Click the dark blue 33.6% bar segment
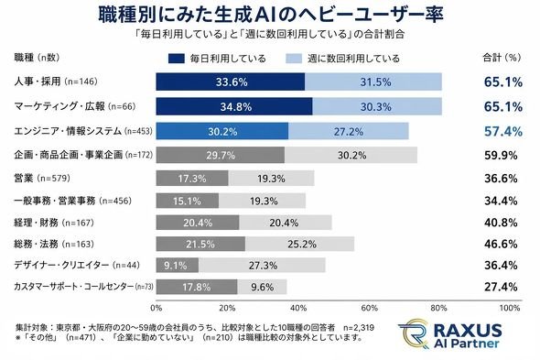pos(230,82)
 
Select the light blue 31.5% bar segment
pos(373,82)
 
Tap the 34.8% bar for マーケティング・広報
pos(234,106)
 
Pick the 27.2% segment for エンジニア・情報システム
pos(349,131)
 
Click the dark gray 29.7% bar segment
pos(221,155)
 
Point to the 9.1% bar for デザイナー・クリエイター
pos(178,265)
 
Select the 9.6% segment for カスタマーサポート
pos(262,287)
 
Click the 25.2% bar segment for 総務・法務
pos(299,244)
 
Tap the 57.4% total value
pos(503,131)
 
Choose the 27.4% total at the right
pos(501,287)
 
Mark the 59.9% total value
pos(501,156)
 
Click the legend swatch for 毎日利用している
pos(176,59)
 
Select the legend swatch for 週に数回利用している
pos(294,59)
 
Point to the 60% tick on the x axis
pos(369,308)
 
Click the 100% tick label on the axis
pos(510,308)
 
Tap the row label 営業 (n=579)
pos(42,179)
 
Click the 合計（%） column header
pos(502,58)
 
